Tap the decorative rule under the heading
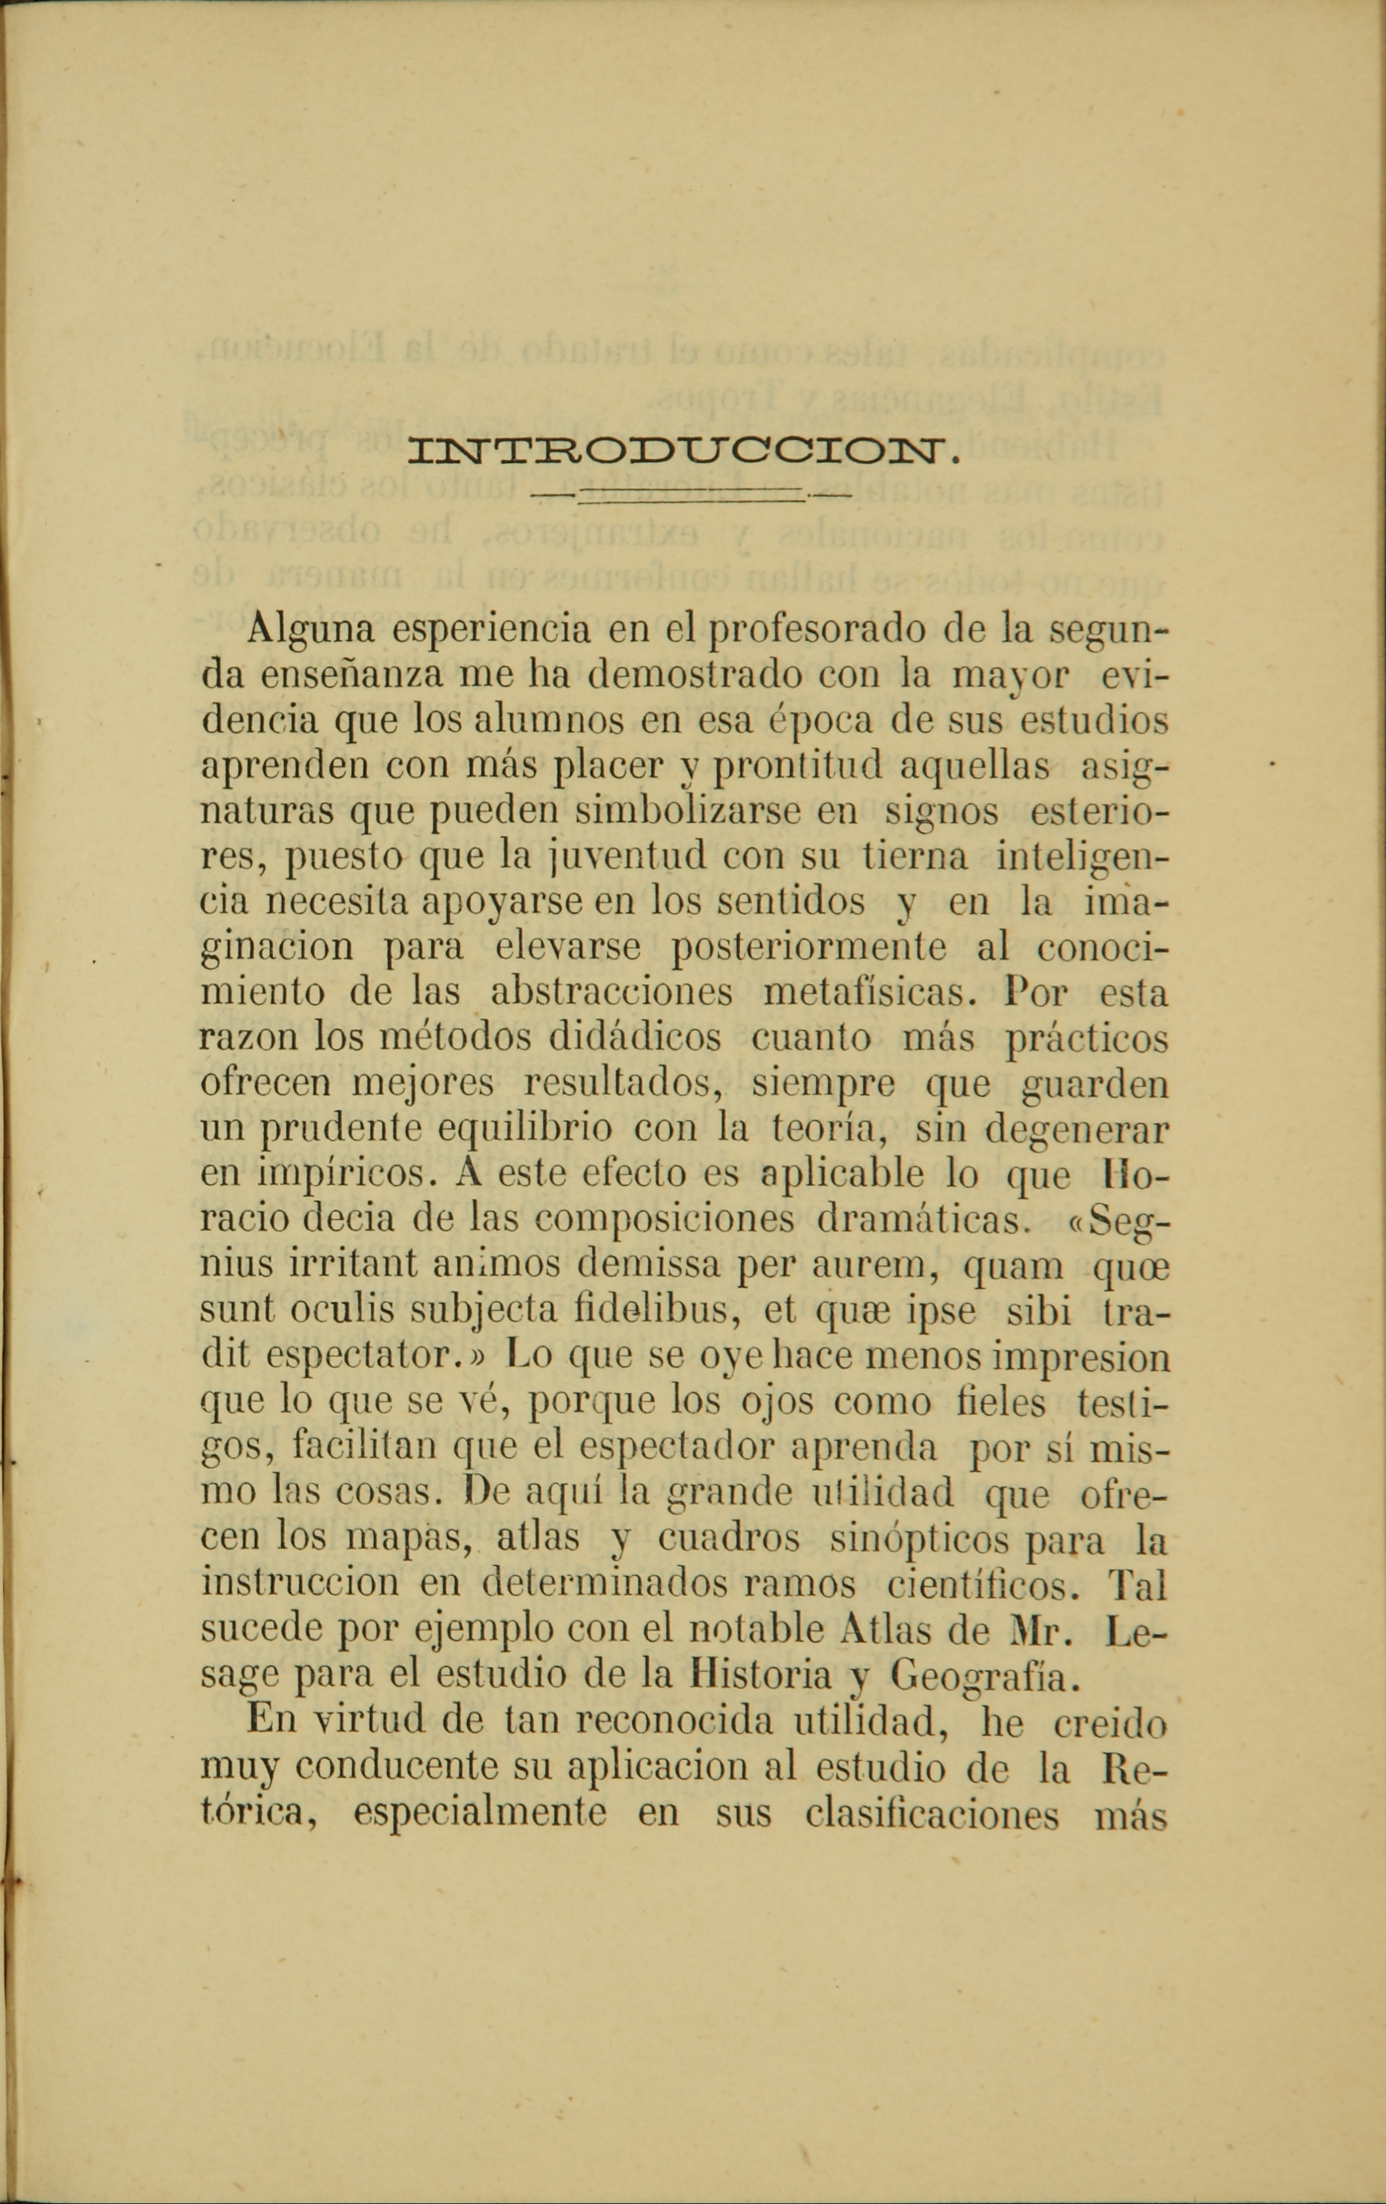coord(691,495)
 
